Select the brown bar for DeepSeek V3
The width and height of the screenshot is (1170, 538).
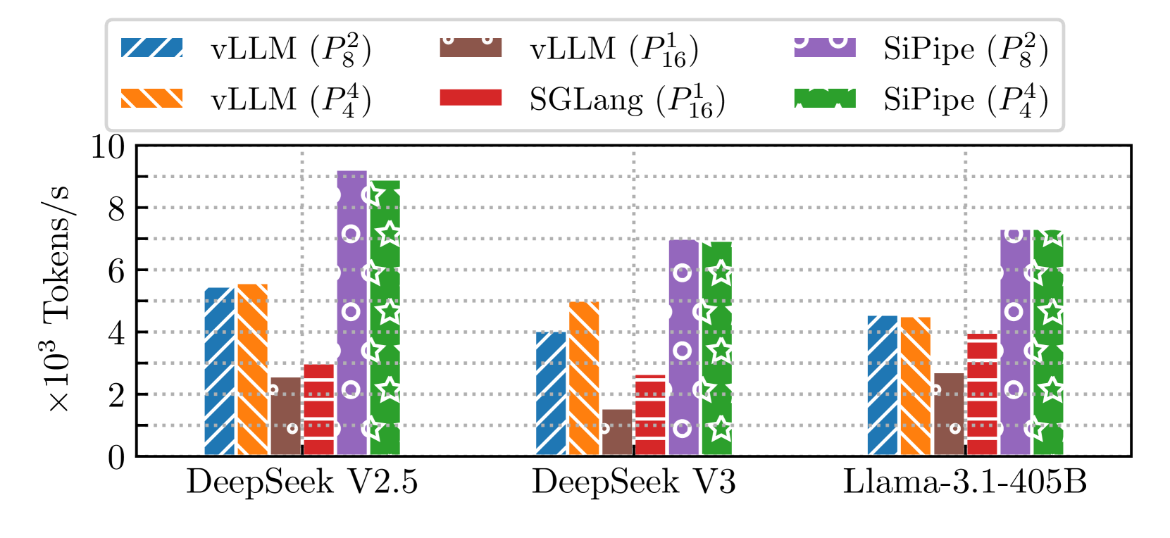click(x=617, y=432)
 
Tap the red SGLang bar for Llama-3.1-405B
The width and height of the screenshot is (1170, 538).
click(x=982, y=394)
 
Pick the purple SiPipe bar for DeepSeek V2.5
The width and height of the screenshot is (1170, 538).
click(x=351, y=313)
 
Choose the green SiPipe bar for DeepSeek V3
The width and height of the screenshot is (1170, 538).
click(x=716, y=349)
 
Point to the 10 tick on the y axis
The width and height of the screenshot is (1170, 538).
click(x=108, y=147)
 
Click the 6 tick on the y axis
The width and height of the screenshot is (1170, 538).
click(x=116, y=271)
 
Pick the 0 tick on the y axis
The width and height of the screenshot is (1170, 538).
click(x=116, y=458)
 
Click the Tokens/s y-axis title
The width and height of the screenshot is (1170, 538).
click(x=58, y=296)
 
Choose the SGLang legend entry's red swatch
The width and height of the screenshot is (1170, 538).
click(x=471, y=97)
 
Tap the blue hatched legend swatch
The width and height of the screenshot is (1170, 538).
click(x=152, y=47)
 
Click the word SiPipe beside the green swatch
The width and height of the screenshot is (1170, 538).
click(x=929, y=99)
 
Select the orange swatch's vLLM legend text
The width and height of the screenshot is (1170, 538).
click(x=254, y=99)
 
